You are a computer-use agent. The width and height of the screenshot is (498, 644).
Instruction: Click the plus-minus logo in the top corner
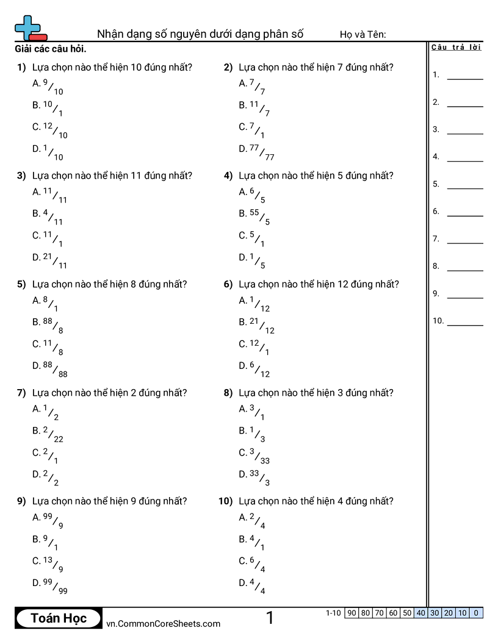point(30,28)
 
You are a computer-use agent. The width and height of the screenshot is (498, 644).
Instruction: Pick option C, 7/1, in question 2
point(252,130)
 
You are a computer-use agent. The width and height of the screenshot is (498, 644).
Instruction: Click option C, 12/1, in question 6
point(254,347)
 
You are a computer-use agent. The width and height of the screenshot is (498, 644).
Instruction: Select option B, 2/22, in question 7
point(48,434)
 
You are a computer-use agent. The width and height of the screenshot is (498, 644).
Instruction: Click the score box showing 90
point(351,613)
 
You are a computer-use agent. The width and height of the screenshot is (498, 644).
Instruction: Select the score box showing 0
point(476,613)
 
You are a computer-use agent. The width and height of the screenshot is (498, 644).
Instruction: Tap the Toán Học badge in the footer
point(59,618)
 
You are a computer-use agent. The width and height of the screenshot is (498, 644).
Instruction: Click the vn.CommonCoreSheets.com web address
point(163,623)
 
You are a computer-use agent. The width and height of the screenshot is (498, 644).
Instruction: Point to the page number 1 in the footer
point(270,618)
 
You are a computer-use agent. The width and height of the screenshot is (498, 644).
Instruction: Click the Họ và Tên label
point(363,34)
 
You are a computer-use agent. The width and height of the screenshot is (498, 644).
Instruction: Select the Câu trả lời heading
point(456,48)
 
